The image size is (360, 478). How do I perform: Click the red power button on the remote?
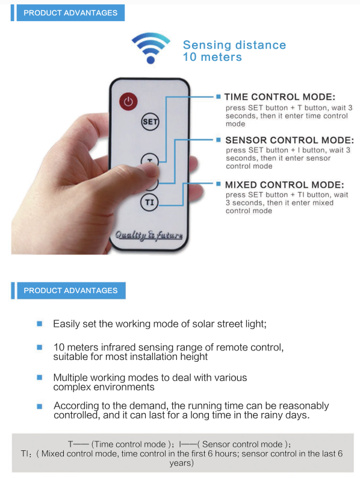128,102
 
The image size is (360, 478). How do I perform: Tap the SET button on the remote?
150,122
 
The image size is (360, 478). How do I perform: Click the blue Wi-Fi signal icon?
151,48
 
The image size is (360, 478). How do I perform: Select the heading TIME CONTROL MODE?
280,97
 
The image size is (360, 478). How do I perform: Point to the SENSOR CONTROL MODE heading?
290,140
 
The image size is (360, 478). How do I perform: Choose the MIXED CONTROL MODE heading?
284,185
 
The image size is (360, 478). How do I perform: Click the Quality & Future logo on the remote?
149,235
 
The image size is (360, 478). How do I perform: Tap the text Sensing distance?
234,45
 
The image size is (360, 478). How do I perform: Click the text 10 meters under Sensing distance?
212,57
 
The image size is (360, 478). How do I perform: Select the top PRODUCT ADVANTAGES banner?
70,13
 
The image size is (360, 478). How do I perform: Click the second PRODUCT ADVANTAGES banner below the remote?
70,291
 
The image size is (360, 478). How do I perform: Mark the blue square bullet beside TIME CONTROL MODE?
219,97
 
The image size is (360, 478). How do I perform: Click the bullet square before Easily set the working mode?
40,323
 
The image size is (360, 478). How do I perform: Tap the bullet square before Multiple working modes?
40,377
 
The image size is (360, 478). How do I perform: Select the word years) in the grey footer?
182,464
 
